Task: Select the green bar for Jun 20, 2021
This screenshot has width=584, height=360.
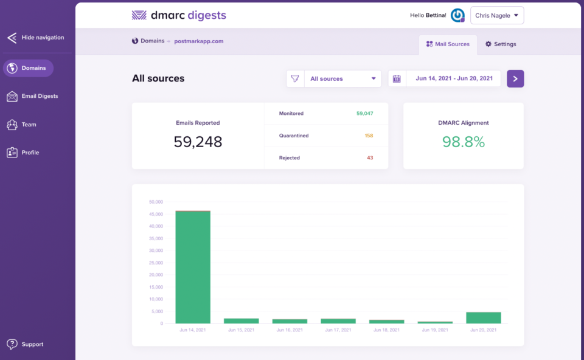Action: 483,317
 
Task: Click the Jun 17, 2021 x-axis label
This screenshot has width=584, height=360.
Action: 338,330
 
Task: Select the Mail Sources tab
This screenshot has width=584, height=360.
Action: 448,44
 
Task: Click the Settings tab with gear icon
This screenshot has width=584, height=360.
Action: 501,44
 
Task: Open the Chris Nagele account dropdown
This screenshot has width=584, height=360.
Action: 497,16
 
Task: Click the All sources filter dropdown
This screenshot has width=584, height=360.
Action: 342,79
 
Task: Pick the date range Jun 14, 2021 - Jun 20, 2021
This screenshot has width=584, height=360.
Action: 453,79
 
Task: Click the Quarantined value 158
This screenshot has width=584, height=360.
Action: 369,136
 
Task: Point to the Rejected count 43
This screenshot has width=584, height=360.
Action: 370,158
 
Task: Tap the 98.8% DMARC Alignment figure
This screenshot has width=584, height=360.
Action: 463,142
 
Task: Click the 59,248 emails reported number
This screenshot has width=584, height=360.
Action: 198,142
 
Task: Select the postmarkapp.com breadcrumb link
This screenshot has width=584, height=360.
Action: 199,41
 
